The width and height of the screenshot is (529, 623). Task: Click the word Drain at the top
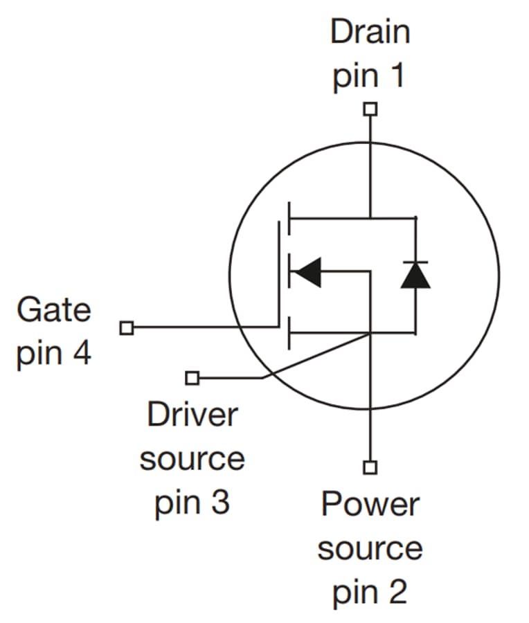[370, 32]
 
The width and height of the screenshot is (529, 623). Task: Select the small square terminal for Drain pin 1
[371, 109]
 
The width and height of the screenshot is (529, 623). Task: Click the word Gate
[53, 309]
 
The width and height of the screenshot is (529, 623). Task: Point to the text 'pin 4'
[53, 353]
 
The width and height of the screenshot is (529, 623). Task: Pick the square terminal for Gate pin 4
[126, 327]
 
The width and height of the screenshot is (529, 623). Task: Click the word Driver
[192, 415]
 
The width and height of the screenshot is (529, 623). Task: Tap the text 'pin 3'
[192, 503]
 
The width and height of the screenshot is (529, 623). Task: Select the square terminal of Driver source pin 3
[192, 378]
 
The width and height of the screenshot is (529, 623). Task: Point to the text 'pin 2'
[370, 593]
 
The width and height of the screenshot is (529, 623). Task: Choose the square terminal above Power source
[371, 468]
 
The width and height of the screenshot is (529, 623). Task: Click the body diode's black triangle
[415, 276]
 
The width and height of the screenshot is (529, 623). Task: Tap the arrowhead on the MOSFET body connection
[307, 271]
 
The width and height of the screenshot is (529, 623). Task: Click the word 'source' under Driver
[192, 460]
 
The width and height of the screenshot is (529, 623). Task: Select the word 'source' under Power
[370, 549]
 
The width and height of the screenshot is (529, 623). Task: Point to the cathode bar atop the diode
[415, 262]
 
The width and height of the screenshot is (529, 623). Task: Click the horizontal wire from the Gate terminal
[201, 327]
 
